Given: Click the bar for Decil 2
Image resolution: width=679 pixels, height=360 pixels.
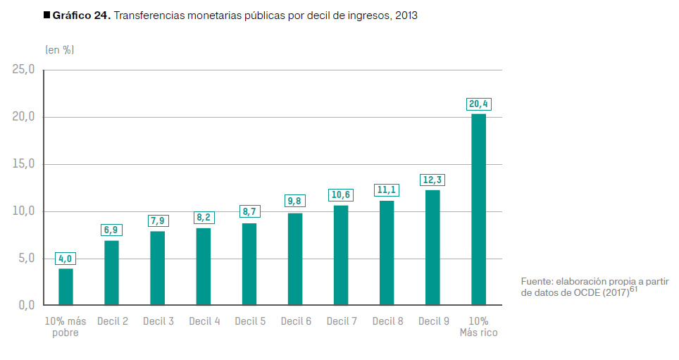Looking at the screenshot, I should tap(111, 273).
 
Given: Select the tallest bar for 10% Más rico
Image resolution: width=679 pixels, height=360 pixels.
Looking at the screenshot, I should tap(478, 209).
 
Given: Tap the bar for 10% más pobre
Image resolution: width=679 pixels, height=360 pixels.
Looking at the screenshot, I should tap(66, 287).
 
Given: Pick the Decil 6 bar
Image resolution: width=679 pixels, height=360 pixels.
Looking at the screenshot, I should tap(295, 259).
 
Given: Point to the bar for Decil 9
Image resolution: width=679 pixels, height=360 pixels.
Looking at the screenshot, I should tap(432, 247).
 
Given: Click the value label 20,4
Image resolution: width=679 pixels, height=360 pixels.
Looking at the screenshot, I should tap(478, 104).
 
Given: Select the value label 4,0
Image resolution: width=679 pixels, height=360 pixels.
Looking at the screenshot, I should tap(66, 259).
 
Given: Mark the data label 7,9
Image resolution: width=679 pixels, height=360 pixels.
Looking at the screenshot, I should tap(158, 221).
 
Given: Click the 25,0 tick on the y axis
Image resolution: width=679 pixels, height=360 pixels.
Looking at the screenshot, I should tap(23, 70).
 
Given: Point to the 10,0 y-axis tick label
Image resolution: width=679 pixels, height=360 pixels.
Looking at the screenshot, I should tap(23, 211).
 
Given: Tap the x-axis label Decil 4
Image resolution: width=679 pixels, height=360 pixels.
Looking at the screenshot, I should tap(204, 321).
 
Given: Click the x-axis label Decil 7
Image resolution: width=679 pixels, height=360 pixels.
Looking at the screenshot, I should tap(342, 321).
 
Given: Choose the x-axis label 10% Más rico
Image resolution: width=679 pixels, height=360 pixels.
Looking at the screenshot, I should tap(478, 327).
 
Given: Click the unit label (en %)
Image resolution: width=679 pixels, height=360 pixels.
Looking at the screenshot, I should tap(60, 50).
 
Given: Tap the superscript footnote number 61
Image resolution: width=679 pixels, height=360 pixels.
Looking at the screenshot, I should tap(633, 289).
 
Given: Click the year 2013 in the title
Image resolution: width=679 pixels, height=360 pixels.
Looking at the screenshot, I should tap(406, 16).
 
